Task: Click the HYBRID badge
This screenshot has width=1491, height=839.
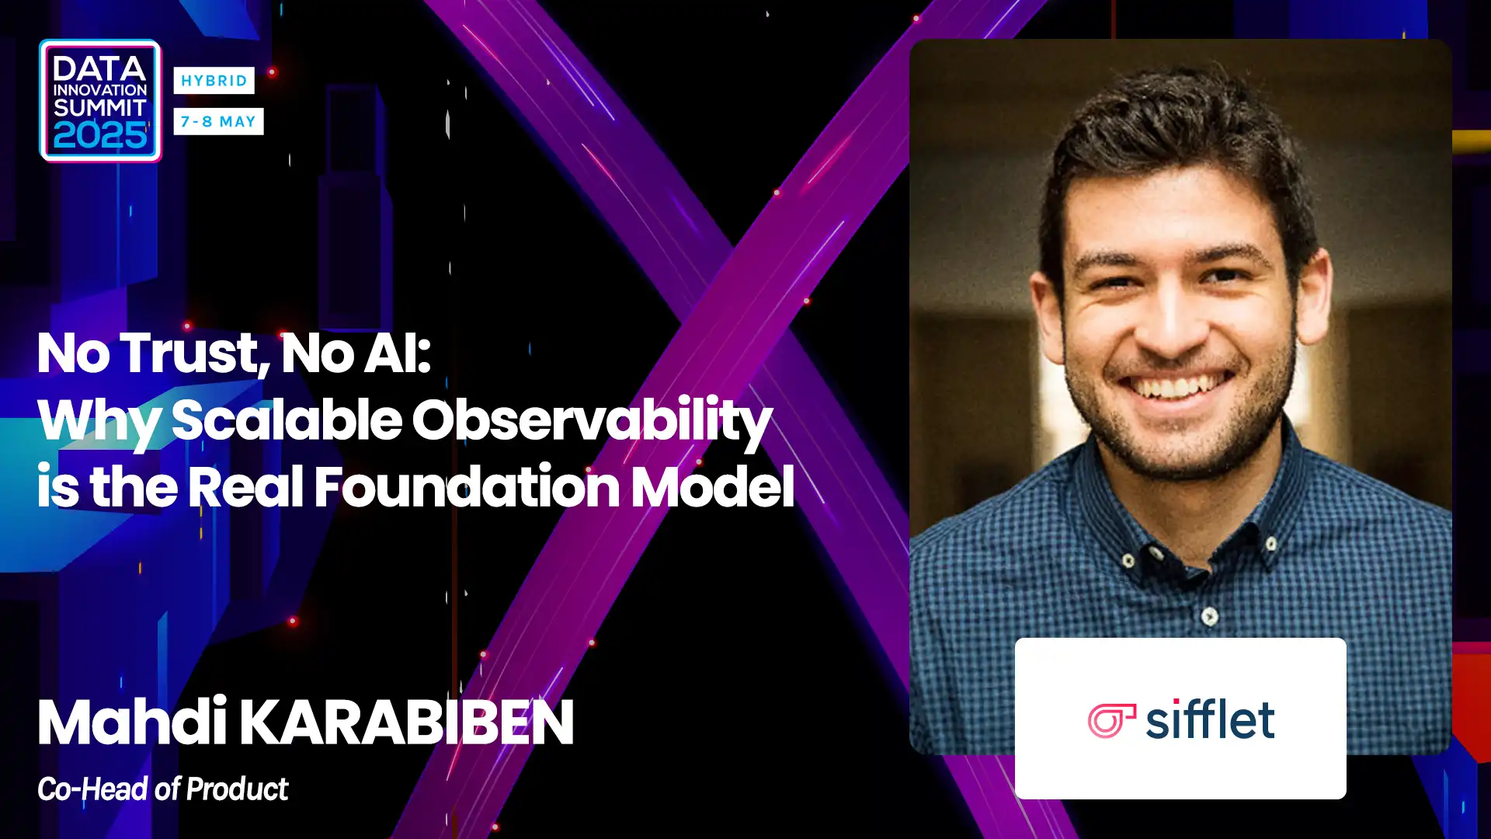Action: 214,80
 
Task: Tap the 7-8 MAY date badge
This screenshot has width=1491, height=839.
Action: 218,121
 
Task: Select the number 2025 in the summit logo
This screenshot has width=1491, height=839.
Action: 100,136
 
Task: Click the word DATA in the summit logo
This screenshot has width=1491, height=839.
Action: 99,68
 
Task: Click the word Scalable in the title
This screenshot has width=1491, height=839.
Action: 287,419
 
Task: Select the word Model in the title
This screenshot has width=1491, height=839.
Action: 713,487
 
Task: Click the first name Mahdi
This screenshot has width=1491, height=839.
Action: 132,722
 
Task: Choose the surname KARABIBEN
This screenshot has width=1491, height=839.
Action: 406,722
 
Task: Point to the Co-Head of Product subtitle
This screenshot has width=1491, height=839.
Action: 163,789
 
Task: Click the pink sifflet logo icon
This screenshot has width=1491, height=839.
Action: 1111,720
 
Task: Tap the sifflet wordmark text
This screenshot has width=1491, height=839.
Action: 1210,719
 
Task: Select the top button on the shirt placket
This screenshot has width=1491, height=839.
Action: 1210,617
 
